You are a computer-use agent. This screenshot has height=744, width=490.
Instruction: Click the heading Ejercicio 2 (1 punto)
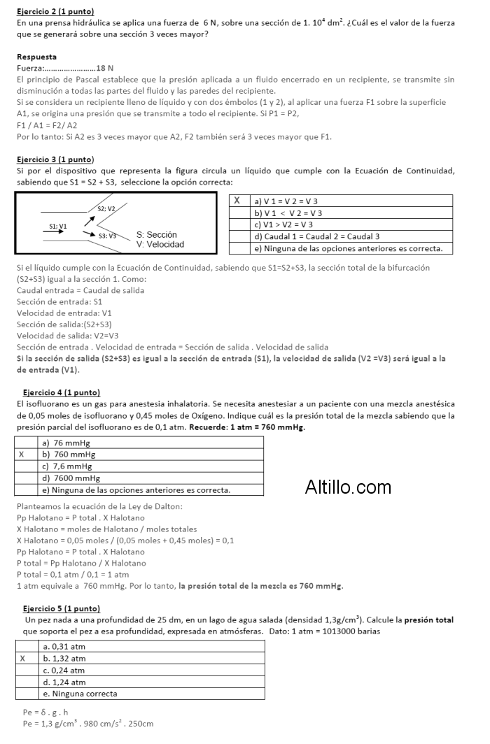55,12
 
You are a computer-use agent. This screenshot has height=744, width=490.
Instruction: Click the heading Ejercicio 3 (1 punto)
55,160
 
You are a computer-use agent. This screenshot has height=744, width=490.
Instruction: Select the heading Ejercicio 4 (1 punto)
62,392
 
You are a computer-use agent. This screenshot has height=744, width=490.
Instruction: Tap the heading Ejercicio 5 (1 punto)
62,608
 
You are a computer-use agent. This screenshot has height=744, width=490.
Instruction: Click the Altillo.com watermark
348,487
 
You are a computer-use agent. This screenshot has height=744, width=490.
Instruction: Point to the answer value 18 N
105,68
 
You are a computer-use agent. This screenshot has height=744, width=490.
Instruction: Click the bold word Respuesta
36,57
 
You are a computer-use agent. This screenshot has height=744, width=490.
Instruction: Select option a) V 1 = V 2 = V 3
286,201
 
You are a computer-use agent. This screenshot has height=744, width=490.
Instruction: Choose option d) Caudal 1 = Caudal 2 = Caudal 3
318,236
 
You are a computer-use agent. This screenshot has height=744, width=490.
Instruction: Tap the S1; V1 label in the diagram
58,226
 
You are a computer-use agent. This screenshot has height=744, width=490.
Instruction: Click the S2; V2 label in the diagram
107,208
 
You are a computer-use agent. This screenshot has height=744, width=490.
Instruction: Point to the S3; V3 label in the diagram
108,236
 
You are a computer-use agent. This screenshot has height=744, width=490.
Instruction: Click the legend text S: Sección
157,235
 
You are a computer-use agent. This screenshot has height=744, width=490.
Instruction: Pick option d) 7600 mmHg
71,478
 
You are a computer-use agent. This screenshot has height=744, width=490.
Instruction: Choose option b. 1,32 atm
64,659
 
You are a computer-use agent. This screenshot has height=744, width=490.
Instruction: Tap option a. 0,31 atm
64,647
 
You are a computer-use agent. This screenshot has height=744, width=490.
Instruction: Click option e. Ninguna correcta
80,694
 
